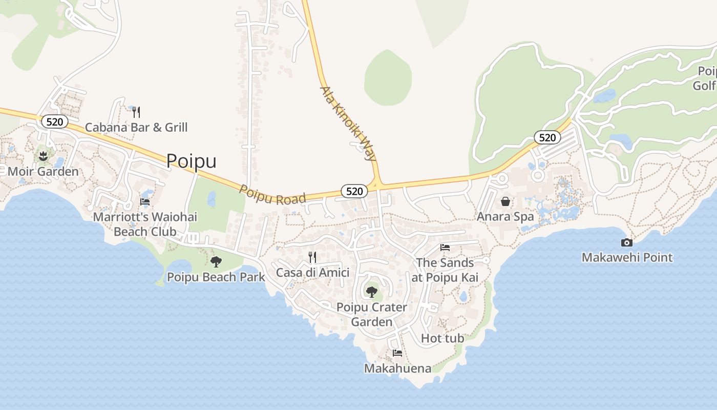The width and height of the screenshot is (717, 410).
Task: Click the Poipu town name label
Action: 191,161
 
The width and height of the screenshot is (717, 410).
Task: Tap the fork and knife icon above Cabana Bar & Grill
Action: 136,112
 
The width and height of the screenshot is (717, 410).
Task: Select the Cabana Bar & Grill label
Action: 136,127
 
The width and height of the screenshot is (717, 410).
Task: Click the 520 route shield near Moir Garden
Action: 54,121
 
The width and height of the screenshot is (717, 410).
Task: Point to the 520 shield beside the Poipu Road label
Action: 354,191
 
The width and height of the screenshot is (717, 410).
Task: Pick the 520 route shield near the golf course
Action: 547,137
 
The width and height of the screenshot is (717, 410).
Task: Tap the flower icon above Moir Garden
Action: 43,156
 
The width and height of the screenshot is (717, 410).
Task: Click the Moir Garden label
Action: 43,171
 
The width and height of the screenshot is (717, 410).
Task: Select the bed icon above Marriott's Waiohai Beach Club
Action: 145,202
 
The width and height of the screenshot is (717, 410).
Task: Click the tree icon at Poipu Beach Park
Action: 216,262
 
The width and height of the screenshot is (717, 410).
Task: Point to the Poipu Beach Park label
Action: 216,277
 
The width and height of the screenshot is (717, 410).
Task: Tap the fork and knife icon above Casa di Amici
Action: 312,257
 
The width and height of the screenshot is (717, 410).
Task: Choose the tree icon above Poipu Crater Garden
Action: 372,292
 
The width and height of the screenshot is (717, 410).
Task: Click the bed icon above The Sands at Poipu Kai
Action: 445,248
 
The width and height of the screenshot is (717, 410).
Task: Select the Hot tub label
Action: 442,338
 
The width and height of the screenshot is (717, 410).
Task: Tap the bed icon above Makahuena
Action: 397,353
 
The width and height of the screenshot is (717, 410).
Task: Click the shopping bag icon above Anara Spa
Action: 505,201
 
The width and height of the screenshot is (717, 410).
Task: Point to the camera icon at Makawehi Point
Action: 627,242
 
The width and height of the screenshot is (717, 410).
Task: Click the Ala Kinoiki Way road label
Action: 348,124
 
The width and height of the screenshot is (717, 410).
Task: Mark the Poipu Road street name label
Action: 272,195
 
